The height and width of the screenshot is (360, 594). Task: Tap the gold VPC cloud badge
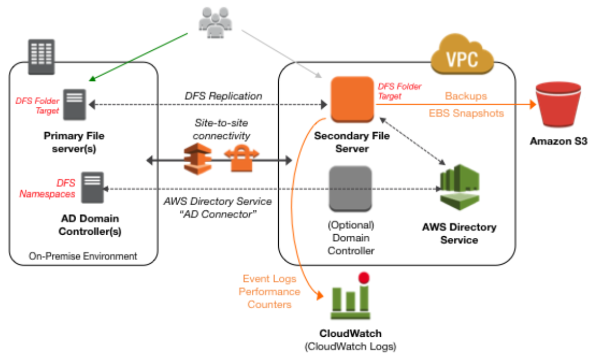click(462, 54)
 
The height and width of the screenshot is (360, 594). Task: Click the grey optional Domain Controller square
click(351, 189)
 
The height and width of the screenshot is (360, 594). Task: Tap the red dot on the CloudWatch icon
click(363, 278)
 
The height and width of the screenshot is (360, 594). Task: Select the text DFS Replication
click(223, 96)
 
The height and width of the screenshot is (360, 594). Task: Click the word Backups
click(465, 96)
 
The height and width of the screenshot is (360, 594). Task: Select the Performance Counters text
click(269, 298)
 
